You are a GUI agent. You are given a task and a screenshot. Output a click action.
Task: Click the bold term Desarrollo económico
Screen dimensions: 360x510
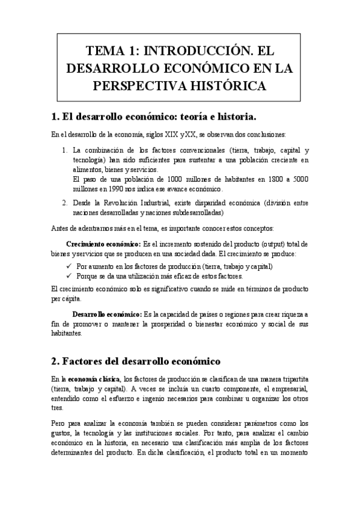pyautogui.click(x=106, y=315)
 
